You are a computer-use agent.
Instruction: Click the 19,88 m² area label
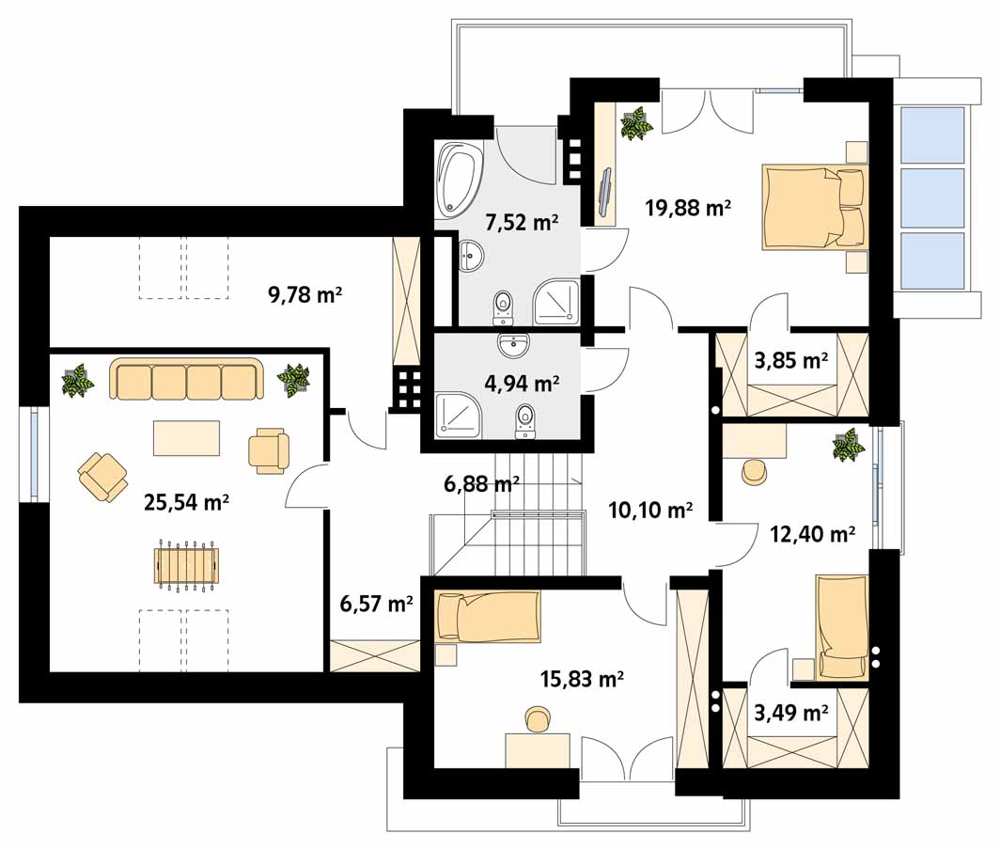[x=688, y=208]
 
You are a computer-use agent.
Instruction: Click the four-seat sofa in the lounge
[x=186, y=380]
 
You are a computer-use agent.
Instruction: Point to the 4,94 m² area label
[x=523, y=383]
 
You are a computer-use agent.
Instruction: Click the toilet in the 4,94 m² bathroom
[x=524, y=421]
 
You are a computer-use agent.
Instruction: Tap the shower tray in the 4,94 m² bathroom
[x=457, y=416]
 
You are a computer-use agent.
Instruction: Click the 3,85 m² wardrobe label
[x=790, y=360]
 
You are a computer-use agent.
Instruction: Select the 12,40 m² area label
[x=812, y=533]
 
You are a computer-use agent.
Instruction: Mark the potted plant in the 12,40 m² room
[x=849, y=445]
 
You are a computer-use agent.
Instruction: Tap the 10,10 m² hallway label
[x=650, y=510]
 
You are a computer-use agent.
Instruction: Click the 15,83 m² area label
[x=582, y=679]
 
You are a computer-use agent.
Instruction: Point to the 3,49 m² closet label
[x=790, y=712]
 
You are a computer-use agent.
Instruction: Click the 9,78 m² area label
[x=305, y=295]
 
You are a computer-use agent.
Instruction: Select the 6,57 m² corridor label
[x=376, y=603]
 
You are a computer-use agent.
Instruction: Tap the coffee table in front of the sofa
[x=186, y=438]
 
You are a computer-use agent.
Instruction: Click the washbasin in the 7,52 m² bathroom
[x=471, y=257]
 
